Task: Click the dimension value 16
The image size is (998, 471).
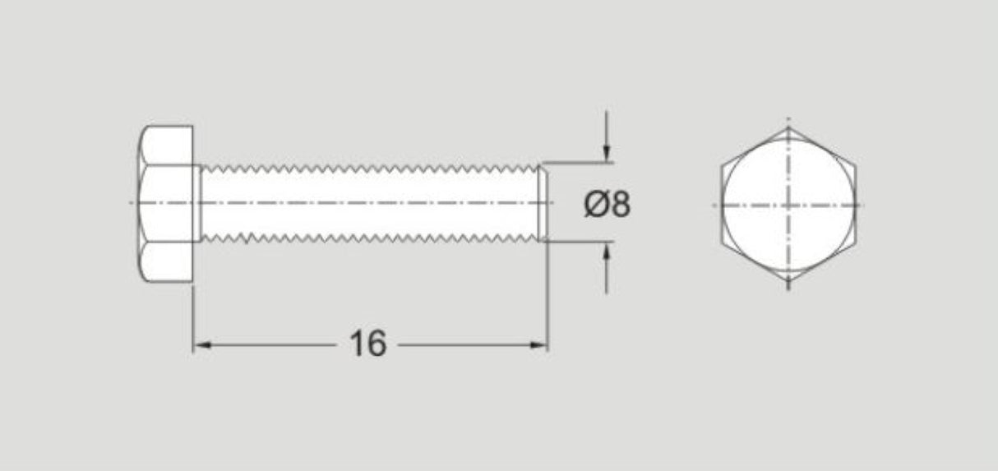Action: click(367, 344)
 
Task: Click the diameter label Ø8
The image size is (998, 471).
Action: click(608, 203)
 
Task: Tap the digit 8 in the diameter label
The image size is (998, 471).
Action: click(621, 203)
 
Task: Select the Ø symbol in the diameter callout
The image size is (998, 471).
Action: click(596, 203)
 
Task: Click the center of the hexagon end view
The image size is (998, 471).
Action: click(788, 205)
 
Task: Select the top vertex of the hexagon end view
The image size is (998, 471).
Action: click(788, 127)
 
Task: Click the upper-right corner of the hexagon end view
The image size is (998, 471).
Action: click(856, 166)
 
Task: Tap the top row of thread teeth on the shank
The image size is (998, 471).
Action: click(370, 169)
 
